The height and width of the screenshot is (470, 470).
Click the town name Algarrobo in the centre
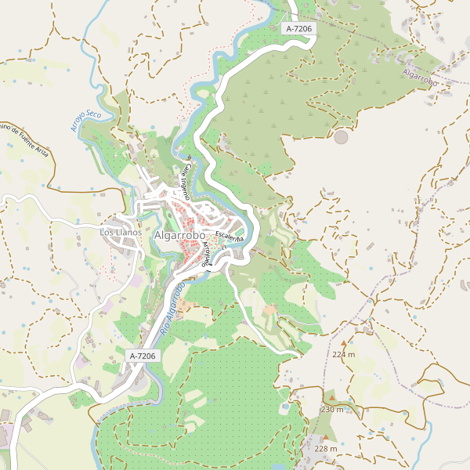pos(179,235)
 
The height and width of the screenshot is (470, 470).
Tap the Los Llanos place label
pos(121,233)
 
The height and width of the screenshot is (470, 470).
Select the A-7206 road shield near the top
pos(298,28)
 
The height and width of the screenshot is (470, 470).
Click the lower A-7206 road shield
pos(143,356)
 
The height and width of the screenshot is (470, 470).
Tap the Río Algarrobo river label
pos(172,310)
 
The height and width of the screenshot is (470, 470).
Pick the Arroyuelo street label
pos(206,255)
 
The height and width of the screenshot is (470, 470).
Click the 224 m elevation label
pos(343,354)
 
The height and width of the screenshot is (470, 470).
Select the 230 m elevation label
pos(332,410)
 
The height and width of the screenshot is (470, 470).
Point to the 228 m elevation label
pos(325,449)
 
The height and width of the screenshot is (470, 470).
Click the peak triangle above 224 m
pos(343,343)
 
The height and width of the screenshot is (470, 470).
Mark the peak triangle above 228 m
pos(325,438)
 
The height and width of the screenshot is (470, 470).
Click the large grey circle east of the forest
pos(341,137)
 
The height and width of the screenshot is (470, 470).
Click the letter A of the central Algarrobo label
pos(158,235)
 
